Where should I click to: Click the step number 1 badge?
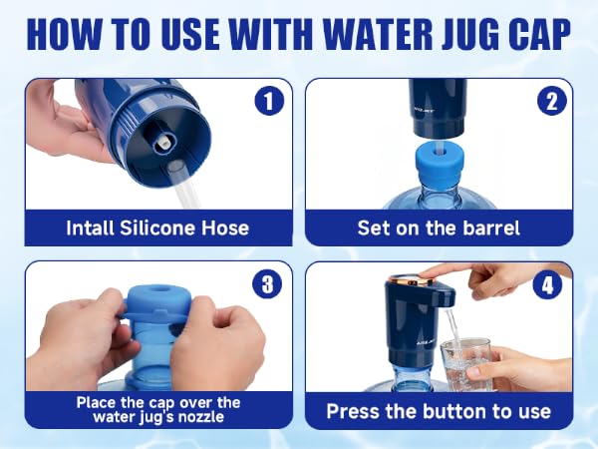pos(270,101)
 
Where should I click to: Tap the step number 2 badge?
pos(552,101)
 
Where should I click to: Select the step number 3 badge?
pos(267,284)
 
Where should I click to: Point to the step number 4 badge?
pos(547,284)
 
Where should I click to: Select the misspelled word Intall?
pos(90,227)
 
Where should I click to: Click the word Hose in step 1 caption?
pos(225,227)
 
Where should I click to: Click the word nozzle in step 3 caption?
pos(201,416)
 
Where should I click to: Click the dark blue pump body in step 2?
pos(438,108)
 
